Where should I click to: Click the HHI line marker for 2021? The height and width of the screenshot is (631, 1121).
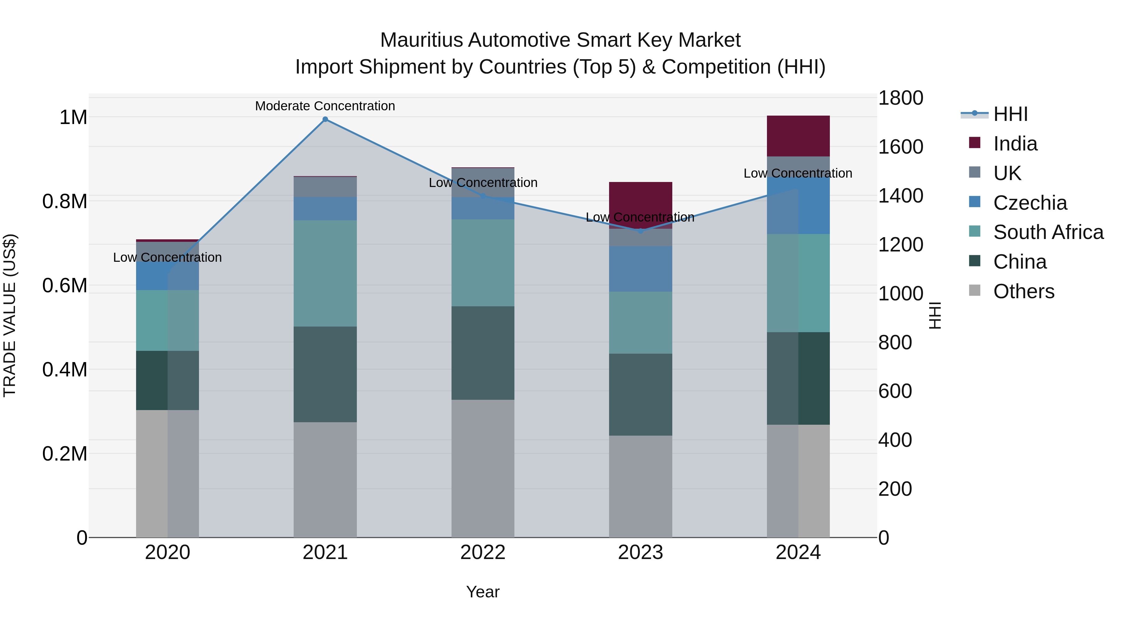pyautogui.click(x=325, y=119)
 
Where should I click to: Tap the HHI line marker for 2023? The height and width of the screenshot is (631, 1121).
pyautogui.click(x=640, y=231)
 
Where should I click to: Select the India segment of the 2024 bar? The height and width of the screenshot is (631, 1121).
pyautogui.click(x=798, y=136)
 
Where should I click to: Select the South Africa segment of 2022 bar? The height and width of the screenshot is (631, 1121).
pyautogui.click(x=483, y=263)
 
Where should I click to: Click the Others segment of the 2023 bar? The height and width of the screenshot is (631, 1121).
pyautogui.click(x=640, y=486)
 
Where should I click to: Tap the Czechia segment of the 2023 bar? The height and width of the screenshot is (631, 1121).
pyautogui.click(x=640, y=269)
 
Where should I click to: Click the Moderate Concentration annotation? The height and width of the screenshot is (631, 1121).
pyautogui.click(x=325, y=106)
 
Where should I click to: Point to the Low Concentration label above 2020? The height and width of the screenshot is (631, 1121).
pyautogui.click(x=168, y=257)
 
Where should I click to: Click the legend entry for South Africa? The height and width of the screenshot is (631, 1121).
pyautogui.click(x=1048, y=232)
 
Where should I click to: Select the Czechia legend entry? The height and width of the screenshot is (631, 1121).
pyautogui.click(x=1030, y=203)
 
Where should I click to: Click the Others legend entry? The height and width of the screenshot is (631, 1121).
pyautogui.click(x=1024, y=291)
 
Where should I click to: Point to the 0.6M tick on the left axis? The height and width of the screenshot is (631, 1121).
pyautogui.click(x=65, y=286)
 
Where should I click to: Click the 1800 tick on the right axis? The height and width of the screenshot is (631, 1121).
pyautogui.click(x=900, y=98)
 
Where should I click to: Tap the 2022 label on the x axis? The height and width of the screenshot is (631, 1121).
pyautogui.click(x=483, y=552)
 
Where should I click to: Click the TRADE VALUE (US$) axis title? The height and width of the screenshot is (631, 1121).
pyautogui.click(x=10, y=315)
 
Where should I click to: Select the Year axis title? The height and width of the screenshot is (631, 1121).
pyautogui.click(x=483, y=592)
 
